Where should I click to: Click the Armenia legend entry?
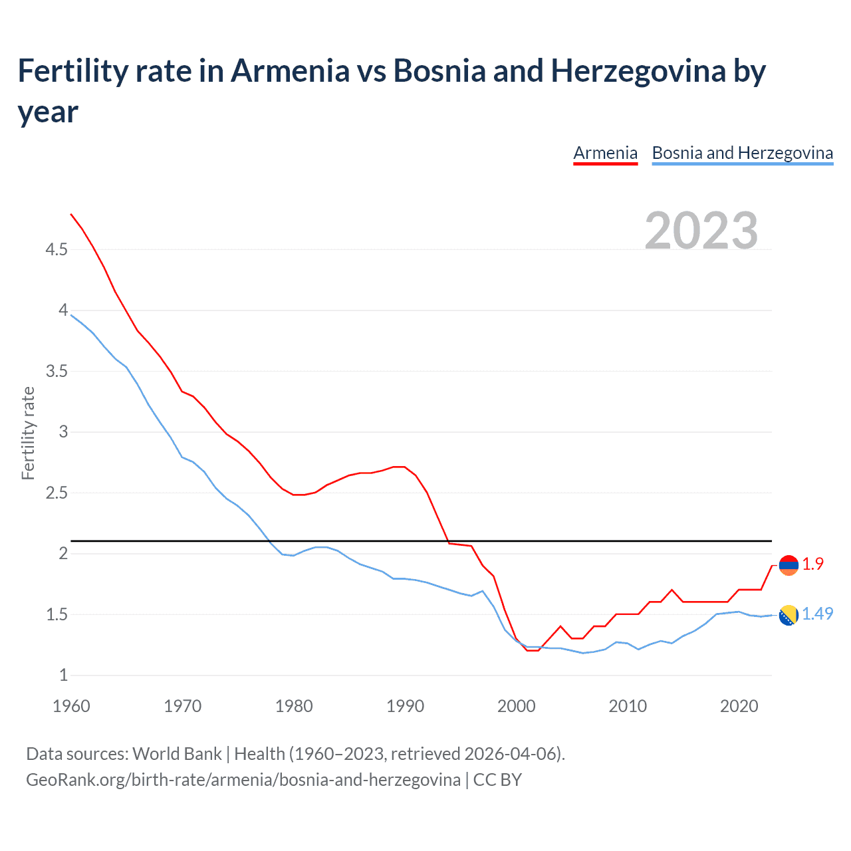click(x=605, y=153)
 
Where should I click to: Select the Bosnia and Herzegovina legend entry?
click(x=742, y=153)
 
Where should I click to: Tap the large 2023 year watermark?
click(x=701, y=230)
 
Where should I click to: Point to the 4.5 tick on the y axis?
click(x=57, y=249)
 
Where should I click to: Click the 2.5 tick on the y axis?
click(x=57, y=493)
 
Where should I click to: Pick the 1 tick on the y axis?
click(x=63, y=675)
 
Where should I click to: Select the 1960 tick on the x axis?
click(x=71, y=706)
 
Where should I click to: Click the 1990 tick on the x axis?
click(x=405, y=706)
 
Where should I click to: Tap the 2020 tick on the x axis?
click(x=739, y=706)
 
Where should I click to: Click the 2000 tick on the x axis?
click(x=516, y=706)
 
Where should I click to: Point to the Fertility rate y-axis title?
click(x=28, y=433)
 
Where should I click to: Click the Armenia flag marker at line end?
click(x=789, y=565)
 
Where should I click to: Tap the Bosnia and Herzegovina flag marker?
click(x=789, y=616)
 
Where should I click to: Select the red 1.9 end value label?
click(x=812, y=564)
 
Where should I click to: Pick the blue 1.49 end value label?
click(x=817, y=614)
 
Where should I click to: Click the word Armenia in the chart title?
click(x=290, y=70)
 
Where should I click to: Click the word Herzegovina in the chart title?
click(x=638, y=70)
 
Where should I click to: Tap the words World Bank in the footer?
click(x=177, y=753)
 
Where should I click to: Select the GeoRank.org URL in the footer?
click(x=243, y=779)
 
